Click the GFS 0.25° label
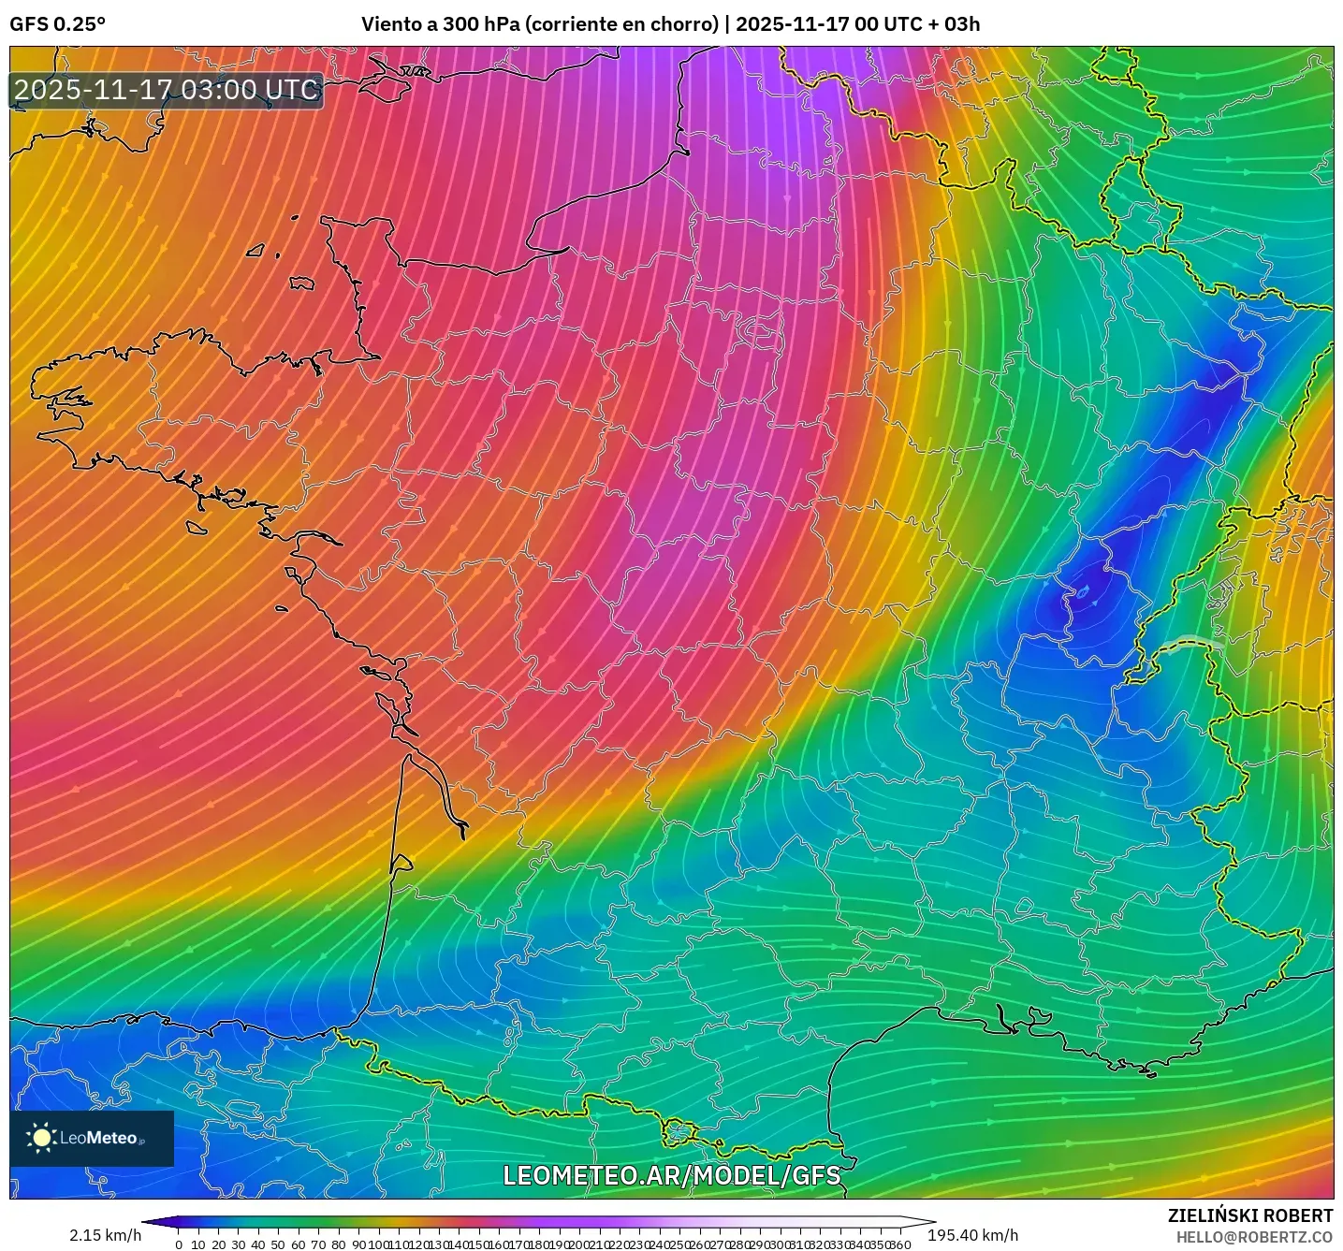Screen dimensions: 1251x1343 [57, 24]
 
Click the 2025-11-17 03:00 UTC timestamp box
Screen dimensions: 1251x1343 [167, 91]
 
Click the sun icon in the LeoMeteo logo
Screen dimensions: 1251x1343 [41, 1138]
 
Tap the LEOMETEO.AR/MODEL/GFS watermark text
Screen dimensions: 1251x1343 [671, 1175]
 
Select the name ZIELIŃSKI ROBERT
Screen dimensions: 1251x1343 [1250, 1215]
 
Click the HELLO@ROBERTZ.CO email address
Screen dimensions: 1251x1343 [1254, 1237]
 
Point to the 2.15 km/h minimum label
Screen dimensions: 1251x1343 [105, 1235]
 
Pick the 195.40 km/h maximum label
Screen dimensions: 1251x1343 [973, 1235]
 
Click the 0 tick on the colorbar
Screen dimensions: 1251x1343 [179, 1244]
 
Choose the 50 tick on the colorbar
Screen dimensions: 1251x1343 [278, 1244]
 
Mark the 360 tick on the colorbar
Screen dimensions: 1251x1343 [900, 1244]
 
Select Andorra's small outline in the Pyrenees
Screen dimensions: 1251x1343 [679, 1131]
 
